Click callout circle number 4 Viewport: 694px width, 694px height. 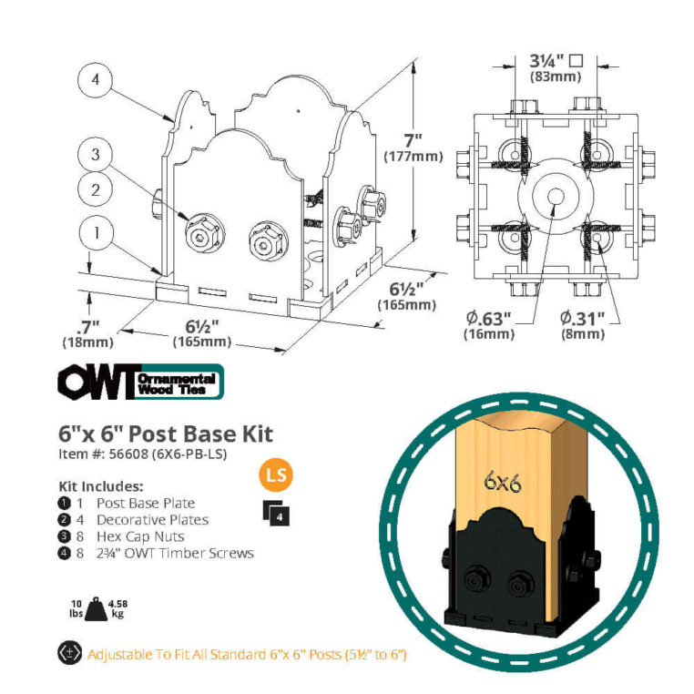(95, 80)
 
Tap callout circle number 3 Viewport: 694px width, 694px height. (95, 155)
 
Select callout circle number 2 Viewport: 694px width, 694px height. (95, 190)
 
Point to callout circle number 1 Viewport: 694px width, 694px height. (96, 233)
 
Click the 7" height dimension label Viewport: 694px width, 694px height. (413, 148)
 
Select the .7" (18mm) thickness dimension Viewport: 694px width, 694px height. (87, 333)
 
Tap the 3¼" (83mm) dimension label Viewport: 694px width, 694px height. (556, 67)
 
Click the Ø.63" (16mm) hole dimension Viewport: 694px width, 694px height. (489, 325)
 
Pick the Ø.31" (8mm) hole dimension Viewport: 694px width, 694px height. (583, 325)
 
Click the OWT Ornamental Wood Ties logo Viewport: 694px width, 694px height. (141, 382)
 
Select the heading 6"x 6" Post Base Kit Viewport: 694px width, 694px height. (166, 434)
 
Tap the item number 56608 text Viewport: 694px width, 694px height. (142, 454)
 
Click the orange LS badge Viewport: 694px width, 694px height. (276, 475)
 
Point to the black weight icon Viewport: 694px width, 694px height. (96, 609)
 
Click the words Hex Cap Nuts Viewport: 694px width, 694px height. (140, 536)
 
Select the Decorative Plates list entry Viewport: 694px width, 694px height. (152, 520)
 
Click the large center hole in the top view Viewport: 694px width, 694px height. (556, 196)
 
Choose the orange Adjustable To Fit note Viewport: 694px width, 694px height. (247, 654)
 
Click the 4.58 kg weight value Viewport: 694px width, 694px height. (117, 608)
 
